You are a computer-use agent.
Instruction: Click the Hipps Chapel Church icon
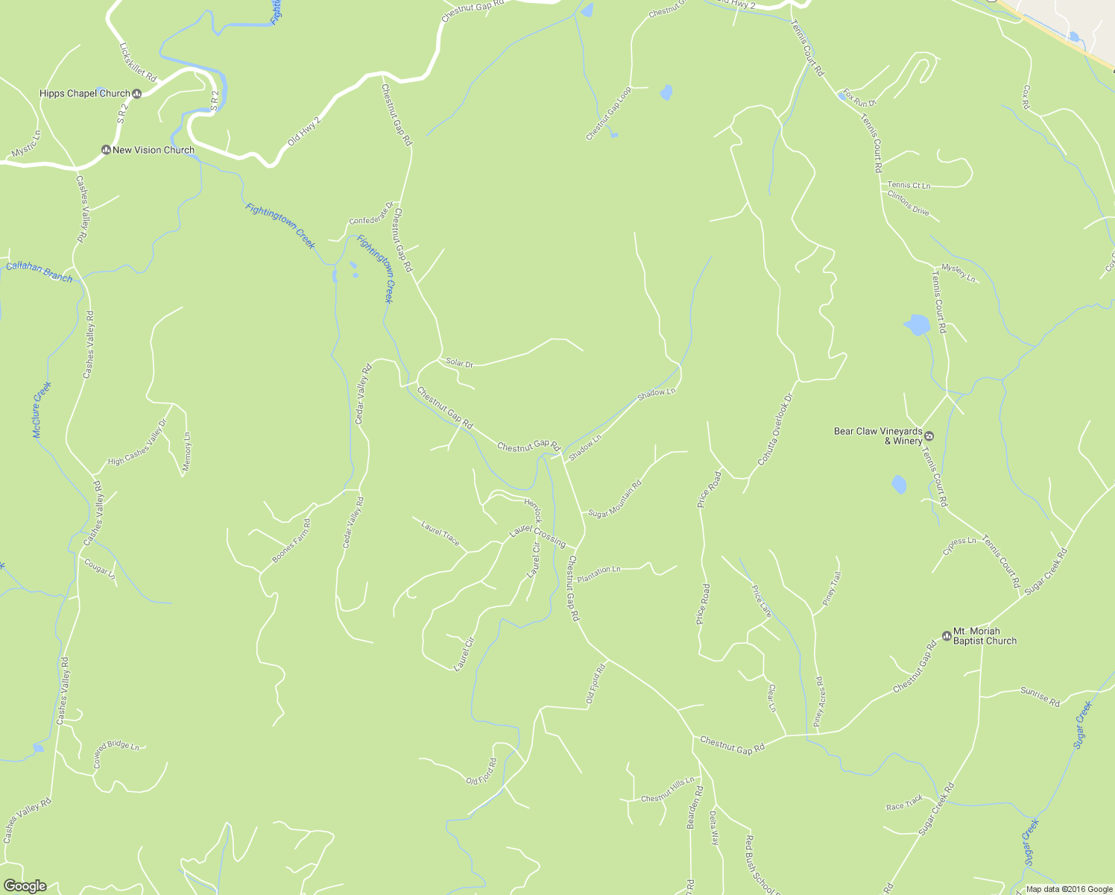click(136, 94)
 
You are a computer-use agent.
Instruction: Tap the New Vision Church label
click(153, 150)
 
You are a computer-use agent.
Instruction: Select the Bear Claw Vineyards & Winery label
click(878, 436)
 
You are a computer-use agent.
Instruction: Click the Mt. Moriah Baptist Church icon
click(946, 635)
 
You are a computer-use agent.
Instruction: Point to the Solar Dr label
click(459, 363)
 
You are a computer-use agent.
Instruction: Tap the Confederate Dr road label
click(370, 214)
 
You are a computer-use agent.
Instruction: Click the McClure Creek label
click(42, 409)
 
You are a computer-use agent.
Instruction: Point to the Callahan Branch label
click(39, 272)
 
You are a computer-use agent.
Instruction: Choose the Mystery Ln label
click(958, 272)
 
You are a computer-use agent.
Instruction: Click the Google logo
click(25, 886)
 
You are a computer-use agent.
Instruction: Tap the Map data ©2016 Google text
click(1069, 889)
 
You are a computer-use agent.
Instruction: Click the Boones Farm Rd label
click(291, 541)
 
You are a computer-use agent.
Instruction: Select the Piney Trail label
click(831, 588)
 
